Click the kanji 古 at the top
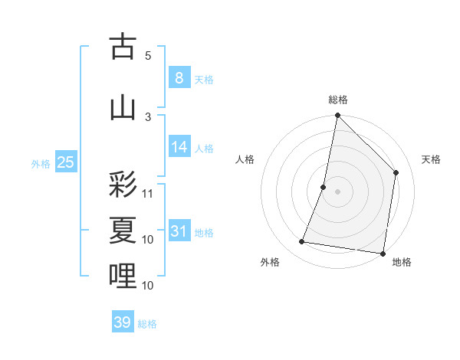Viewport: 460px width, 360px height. pos(123,47)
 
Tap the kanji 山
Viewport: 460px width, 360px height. pos(123,107)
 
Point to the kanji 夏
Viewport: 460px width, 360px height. pos(123,231)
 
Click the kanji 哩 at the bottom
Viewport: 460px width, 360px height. pos(123,276)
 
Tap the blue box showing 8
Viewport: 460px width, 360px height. pos(179,78)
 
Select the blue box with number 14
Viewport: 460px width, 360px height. pos(179,148)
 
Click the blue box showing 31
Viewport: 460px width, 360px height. pos(179,232)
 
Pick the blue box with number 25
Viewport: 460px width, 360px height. pos(65,162)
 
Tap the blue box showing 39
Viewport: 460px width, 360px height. pos(122,322)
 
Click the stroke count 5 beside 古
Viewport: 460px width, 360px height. pos(148,55)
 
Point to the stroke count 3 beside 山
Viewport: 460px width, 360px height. pos(148,116)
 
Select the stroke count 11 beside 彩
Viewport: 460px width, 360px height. pos(148,193)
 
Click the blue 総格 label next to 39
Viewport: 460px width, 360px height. pos(147,324)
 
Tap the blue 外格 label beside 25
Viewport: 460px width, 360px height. pos(40,164)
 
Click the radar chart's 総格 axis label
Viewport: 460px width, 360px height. pos(337,100)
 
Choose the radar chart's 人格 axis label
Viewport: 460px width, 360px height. pos(245,159)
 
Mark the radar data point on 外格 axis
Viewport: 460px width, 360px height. pos(302,242)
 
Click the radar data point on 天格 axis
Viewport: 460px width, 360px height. pos(396,172)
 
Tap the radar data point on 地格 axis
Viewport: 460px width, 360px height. pos(383,253)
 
